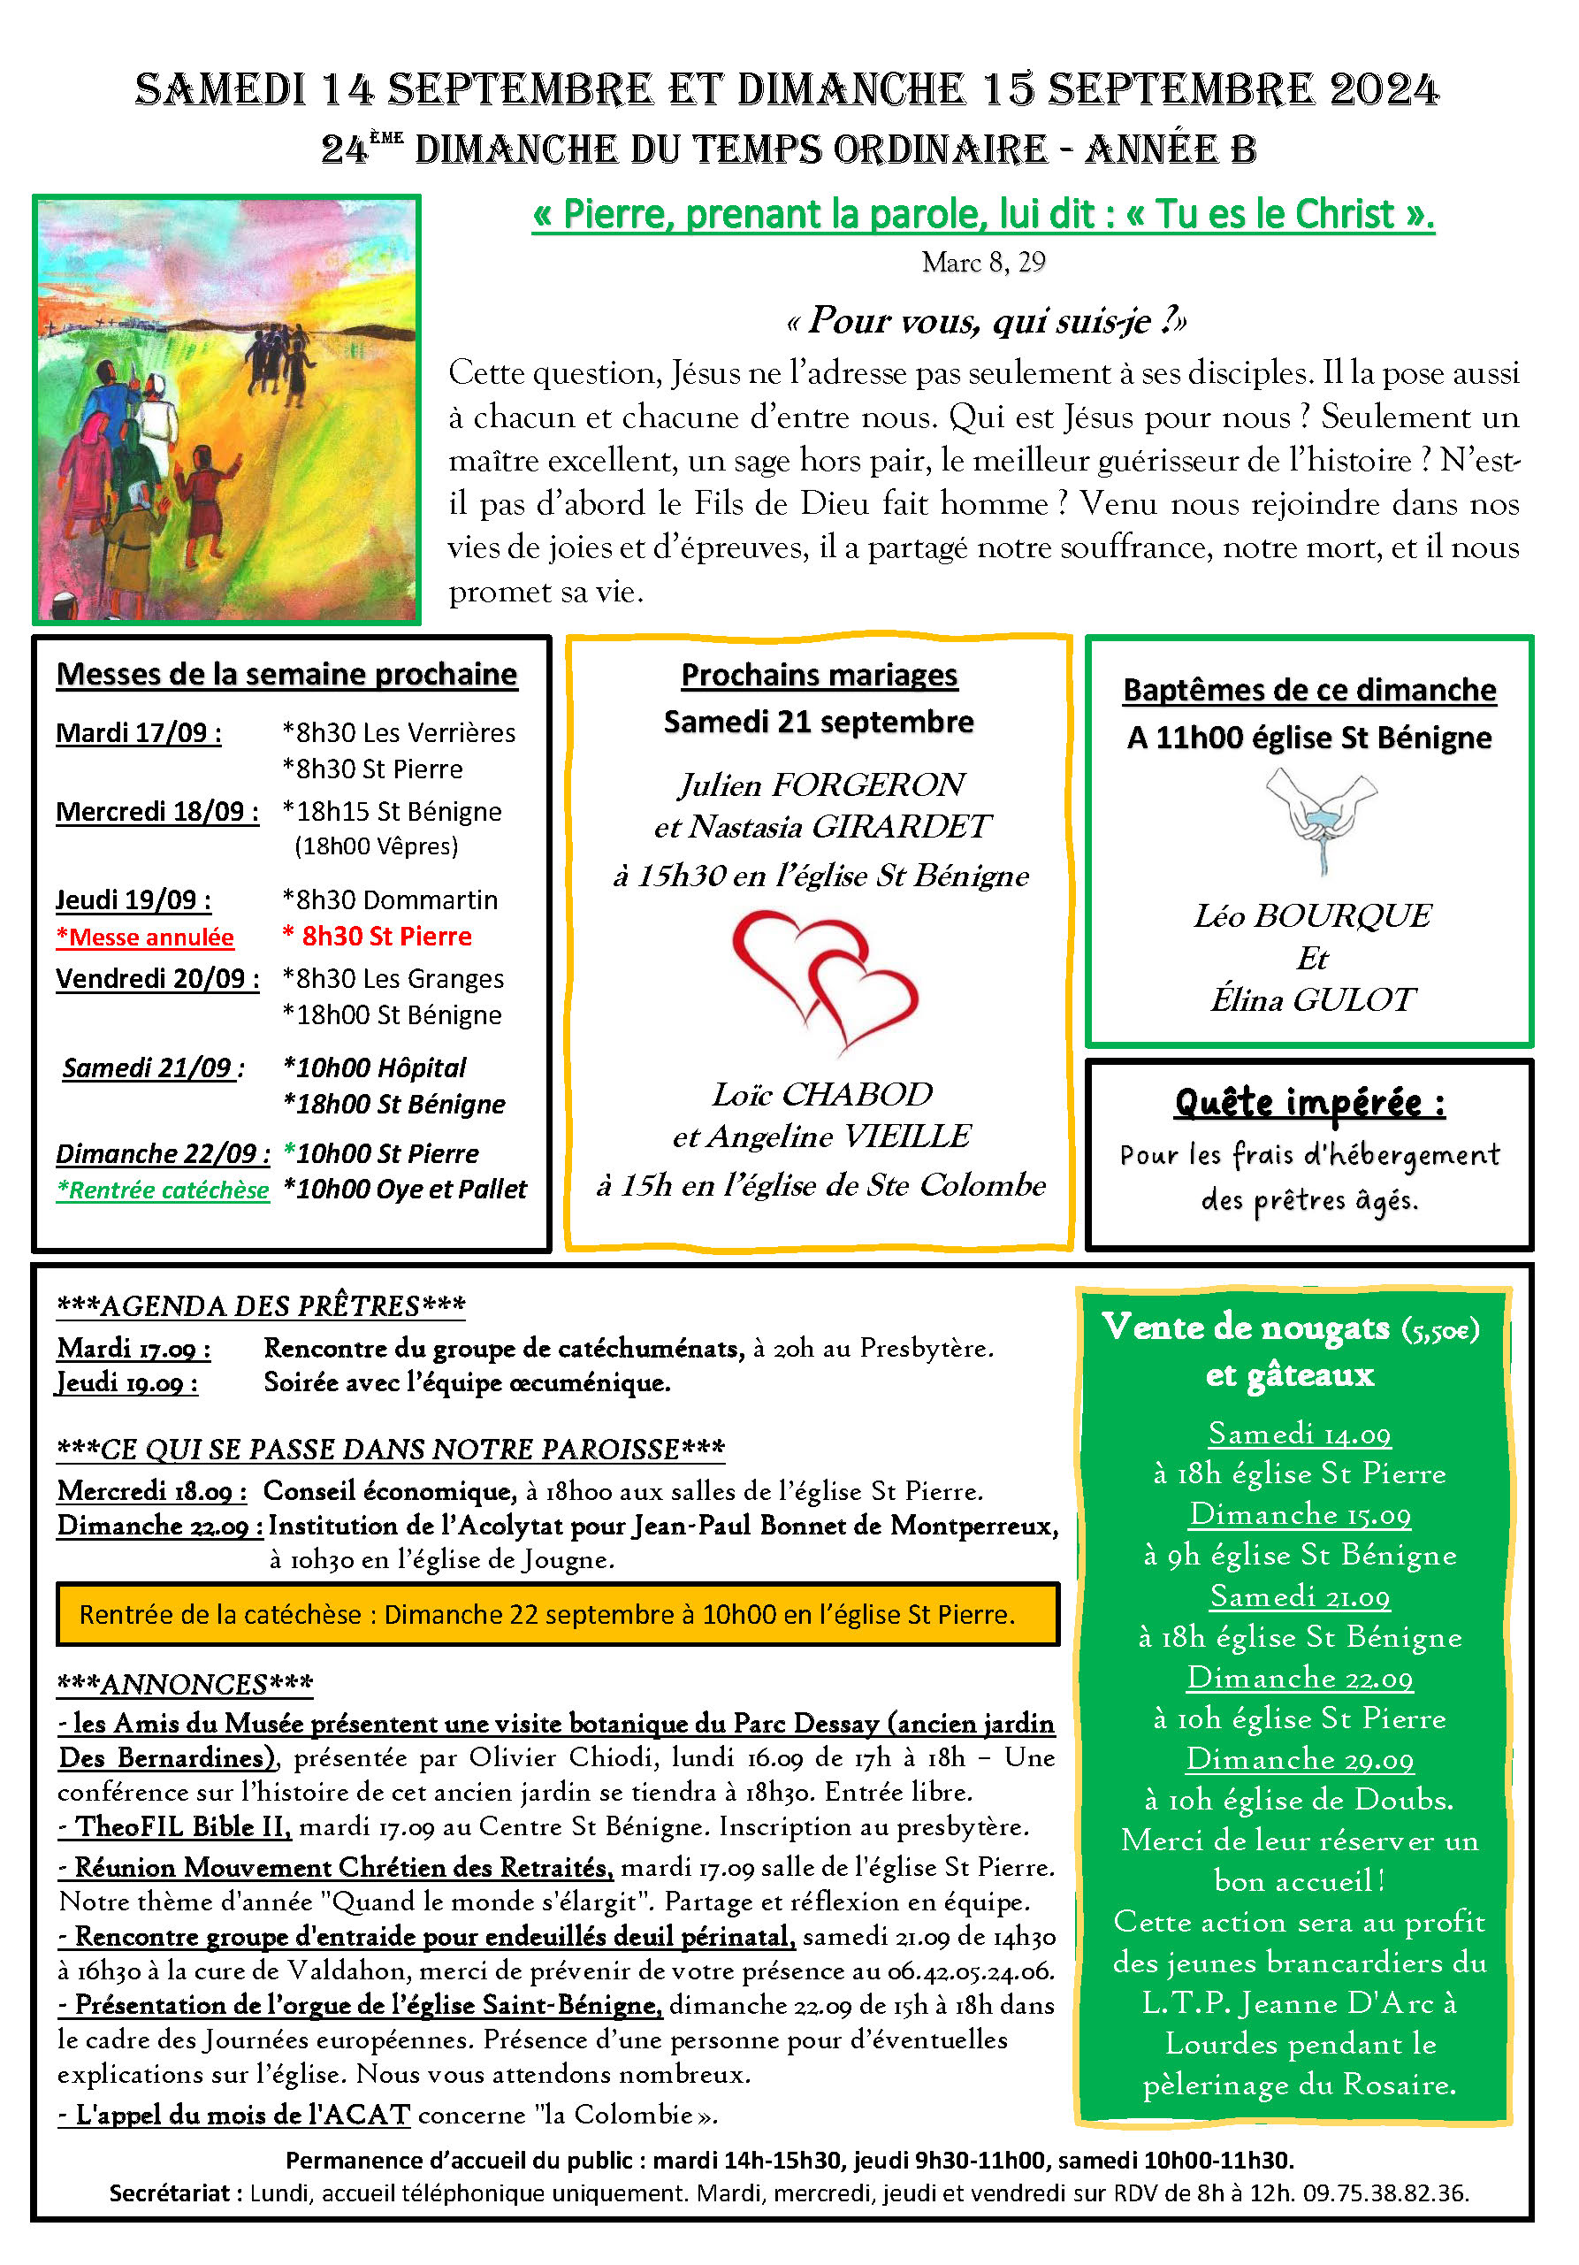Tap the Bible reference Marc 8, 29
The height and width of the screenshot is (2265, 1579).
coord(982,262)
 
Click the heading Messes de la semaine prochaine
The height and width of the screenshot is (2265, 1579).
coord(286,674)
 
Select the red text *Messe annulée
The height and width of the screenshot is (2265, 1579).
coord(145,937)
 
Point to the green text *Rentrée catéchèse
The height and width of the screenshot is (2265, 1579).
coord(163,1190)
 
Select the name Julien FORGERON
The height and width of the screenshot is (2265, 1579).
coord(820,784)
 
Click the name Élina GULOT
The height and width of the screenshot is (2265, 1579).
coord(1312,999)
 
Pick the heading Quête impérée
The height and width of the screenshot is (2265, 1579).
coord(1308,1102)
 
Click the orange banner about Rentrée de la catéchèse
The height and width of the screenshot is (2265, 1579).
coord(557,1614)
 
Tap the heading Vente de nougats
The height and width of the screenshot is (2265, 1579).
coord(1245,1327)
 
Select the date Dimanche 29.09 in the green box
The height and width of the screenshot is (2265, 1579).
coord(1299,1758)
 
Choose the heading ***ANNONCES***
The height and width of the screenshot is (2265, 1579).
coord(185,1683)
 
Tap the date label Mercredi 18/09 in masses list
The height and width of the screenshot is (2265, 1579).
coord(156,811)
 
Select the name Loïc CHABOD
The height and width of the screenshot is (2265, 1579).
coord(821,1094)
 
